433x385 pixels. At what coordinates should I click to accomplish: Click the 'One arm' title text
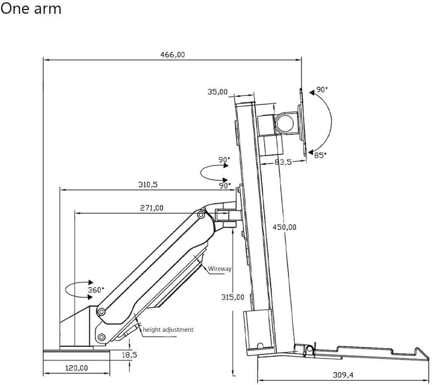(x=31, y=9)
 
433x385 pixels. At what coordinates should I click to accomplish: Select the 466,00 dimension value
(x=173, y=55)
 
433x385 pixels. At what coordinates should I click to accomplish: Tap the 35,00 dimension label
(x=218, y=92)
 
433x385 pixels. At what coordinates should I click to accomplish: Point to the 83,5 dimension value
(x=283, y=162)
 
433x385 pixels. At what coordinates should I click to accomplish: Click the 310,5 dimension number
(x=148, y=184)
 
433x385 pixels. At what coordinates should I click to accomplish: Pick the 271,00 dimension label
(x=152, y=208)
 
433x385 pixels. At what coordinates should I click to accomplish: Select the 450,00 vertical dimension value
(x=284, y=227)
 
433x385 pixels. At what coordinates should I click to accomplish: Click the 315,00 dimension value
(x=233, y=297)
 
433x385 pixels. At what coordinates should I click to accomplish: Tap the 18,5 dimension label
(x=129, y=355)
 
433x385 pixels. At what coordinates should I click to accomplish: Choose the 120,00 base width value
(x=77, y=368)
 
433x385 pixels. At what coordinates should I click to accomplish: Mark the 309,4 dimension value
(x=343, y=375)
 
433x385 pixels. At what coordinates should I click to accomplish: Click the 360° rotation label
(x=96, y=290)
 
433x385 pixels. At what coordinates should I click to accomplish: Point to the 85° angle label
(x=320, y=155)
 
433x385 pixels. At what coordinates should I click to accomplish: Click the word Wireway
(x=220, y=269)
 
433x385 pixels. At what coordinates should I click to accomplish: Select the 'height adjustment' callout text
(x=168, y=330)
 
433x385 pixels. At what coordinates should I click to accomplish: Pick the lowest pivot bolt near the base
(x=101, y=337)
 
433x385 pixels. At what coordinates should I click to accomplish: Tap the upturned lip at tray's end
(x=422, y=353)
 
